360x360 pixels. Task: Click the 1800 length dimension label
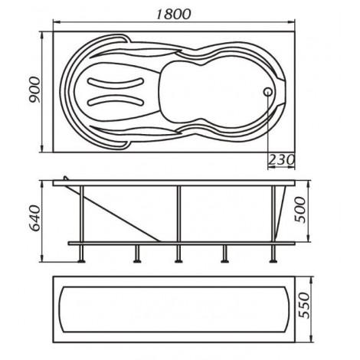173,14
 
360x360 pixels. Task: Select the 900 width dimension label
35,90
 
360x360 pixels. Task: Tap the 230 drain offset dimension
282,160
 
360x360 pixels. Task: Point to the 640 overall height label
35,218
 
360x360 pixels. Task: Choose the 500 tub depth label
300,210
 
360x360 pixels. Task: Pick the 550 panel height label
304,306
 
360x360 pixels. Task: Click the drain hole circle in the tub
268,92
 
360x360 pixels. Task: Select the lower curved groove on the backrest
116,100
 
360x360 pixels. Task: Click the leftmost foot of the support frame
81,260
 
